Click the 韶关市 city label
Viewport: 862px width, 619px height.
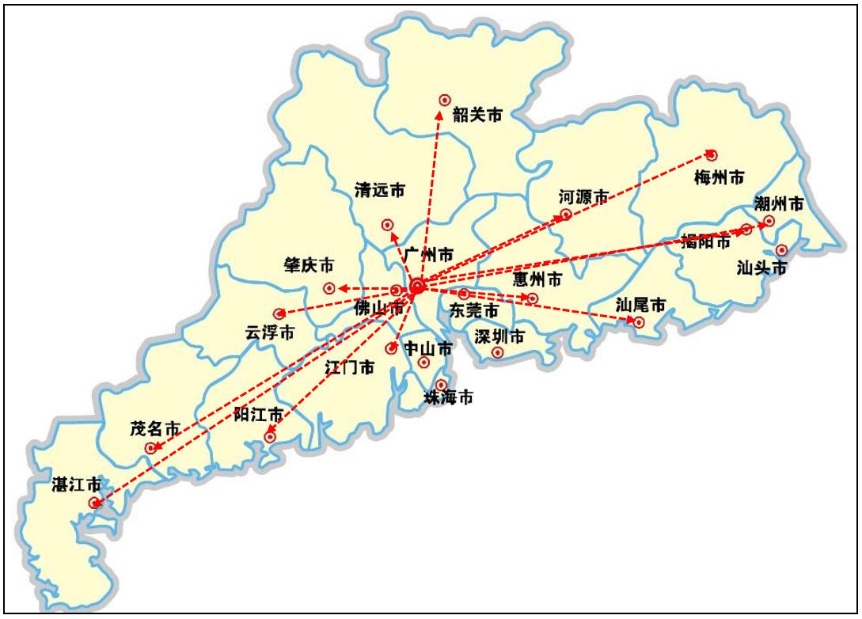477,116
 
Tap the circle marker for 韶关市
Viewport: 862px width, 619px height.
445,101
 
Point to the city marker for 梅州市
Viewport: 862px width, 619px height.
712,154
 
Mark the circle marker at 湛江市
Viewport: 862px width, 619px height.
95,503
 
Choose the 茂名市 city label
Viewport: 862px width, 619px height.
155,430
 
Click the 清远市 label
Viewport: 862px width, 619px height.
380,190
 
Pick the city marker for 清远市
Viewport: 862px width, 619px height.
387,225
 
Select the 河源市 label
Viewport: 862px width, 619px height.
583,196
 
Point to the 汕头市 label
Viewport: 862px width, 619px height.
762,268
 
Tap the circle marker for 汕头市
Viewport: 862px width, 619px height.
782,250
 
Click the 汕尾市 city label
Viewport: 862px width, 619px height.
640,304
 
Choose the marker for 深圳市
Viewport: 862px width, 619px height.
498,352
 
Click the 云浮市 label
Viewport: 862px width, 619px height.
270,333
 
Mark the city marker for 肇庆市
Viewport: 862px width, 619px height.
328,288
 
